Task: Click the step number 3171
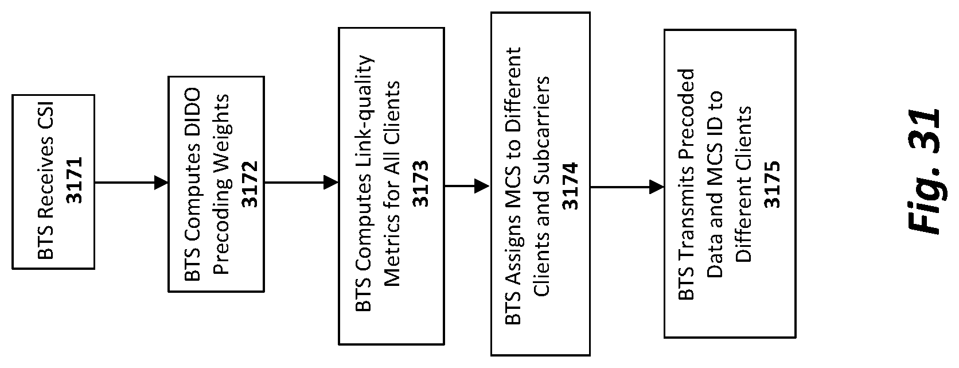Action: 75,179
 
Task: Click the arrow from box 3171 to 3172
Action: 131,183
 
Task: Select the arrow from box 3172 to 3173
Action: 301,183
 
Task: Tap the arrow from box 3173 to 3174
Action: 467,186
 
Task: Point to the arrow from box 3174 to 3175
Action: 627,187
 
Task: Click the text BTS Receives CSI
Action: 46,182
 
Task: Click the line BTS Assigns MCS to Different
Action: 512,187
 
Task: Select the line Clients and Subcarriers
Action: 541,187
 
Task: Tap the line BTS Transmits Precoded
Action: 686,185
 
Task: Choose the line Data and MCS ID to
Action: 715,185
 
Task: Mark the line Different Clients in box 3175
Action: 743,185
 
